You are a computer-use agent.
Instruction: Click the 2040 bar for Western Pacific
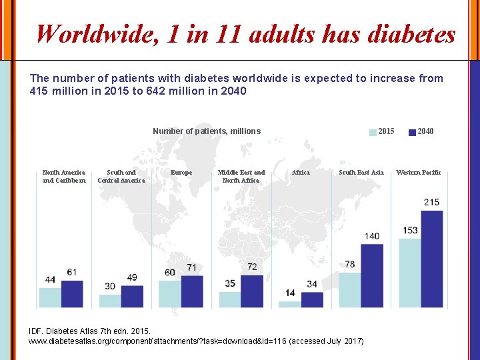tap(432, 259)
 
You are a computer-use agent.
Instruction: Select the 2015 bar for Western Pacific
tap(409, 273)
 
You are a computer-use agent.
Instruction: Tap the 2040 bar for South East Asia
tap(372, 275)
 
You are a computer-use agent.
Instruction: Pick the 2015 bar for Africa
tap(290, 304)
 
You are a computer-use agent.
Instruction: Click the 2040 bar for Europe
tap(192, 291)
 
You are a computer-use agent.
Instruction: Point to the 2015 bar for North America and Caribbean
tap(50, 297)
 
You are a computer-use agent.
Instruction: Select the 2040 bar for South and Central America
tap(132, 297)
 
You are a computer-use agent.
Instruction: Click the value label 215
tap(431, 202)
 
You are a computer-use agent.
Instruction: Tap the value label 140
tap(371, 236)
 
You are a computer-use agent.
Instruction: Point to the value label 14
tap(290, 293)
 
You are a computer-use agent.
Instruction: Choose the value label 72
tap(252, 267)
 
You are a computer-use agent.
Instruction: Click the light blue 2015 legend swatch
tap(373, 132)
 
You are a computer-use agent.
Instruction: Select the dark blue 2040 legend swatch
tap(412, 132)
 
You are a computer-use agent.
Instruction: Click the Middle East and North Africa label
tap(241, 176)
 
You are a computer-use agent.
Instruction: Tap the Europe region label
tap(181, 173)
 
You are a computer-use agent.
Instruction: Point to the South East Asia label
tap(361, 173)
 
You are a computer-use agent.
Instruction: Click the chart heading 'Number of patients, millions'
tap(207, 131)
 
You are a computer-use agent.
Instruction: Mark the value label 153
tap(409, 231)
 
